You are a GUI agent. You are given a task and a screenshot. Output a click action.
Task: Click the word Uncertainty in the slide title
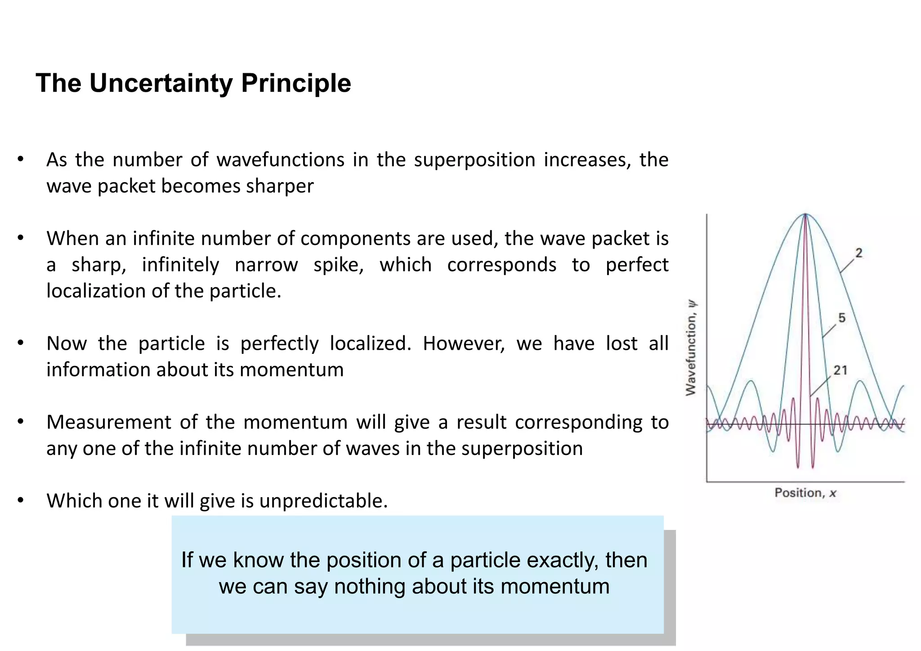(161, 84)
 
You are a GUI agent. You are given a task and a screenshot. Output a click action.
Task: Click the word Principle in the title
(295, 84)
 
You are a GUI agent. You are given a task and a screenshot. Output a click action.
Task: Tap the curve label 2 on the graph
(858, 254)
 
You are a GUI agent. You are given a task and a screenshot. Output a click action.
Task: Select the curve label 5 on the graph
(842, 318)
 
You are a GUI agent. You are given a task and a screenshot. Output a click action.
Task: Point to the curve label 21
(840, 370)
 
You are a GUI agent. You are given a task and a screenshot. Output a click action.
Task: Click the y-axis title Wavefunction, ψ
(691, 348)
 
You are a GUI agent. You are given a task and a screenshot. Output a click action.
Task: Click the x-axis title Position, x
(805, 493)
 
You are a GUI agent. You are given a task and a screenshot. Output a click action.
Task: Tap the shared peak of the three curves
(805, 215)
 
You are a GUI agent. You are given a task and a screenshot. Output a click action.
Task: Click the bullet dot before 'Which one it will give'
(20, 500)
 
